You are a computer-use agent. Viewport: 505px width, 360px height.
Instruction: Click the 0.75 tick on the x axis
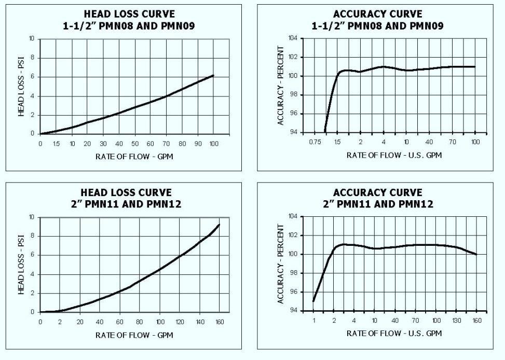tap(313, 142)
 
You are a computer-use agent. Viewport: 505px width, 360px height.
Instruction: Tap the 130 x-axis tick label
tap(456, 321)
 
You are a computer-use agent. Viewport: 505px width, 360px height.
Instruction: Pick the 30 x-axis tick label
tap(103, 143)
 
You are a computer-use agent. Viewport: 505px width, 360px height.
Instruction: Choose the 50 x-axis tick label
tap(135, 143)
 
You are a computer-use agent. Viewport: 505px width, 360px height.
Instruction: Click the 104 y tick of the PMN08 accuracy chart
tap(293, 38)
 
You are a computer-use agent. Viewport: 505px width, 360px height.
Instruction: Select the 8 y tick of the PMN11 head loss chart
tap(33, 236)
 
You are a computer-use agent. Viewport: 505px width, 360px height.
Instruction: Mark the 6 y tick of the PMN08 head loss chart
tap(33, 77)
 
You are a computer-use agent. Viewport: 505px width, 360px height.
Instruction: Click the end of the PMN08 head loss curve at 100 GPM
tap(213, 76)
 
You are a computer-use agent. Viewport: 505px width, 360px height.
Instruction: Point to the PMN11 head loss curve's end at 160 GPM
tap(219, 225)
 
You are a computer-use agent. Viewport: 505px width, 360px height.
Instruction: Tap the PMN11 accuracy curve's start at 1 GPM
tap(313, 301)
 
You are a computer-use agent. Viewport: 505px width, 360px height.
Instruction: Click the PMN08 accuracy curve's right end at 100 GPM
tap(475, 66)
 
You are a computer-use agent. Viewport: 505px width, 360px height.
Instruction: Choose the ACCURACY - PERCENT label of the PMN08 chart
tap(281, 86)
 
